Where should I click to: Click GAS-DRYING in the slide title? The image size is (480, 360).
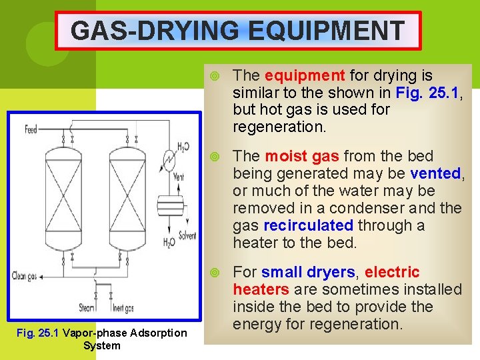(153, 30)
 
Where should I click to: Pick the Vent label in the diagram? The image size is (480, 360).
(177, 178)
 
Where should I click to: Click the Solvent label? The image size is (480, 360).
(187, 235)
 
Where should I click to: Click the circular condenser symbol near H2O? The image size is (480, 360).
(171, 162)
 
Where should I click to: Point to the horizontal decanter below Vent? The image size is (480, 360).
(174, 202)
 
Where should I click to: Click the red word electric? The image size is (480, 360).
(393, 272)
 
